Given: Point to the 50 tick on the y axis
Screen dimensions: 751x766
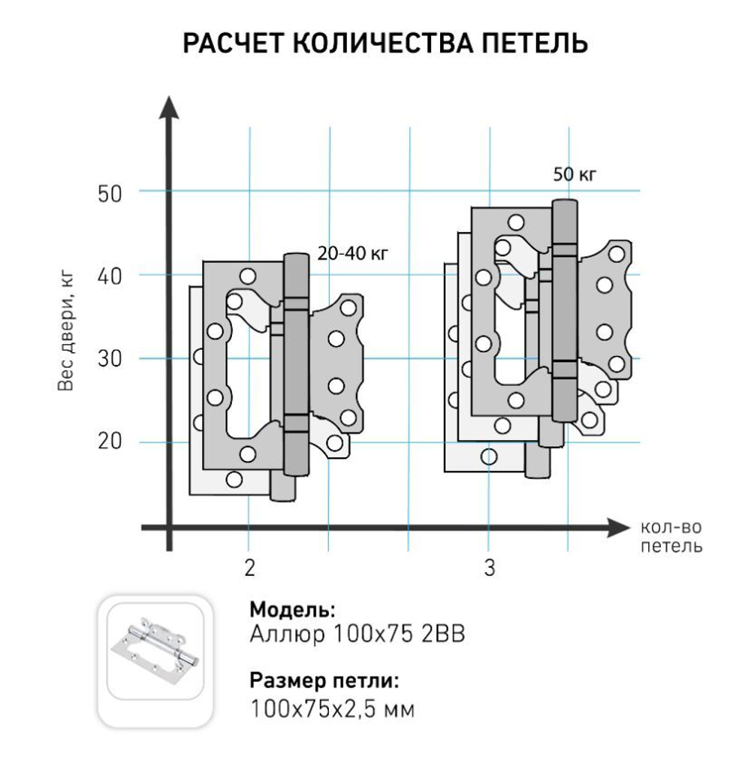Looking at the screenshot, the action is tap(109, 193).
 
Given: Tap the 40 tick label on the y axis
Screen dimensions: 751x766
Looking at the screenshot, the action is tap(109, 276).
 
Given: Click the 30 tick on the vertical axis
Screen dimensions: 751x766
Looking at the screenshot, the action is tap(109, 360).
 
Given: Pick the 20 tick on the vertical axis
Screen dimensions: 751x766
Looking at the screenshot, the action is tap(109, 442).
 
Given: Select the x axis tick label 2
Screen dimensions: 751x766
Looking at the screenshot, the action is tap(249, 568).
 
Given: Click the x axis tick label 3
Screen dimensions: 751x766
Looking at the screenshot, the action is tap(490, 568).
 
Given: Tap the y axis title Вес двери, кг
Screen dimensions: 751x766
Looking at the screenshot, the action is tap(65, 330).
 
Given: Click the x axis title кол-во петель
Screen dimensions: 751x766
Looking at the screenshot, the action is tap(671, 536).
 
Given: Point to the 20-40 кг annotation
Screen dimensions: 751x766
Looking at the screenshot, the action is tap(353, 255).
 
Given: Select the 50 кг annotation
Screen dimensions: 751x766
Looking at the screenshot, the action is tap(575, 175).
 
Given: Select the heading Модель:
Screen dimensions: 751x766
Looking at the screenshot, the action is tap(292, 608).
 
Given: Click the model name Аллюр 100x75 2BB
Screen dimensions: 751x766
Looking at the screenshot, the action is tap(357, 635).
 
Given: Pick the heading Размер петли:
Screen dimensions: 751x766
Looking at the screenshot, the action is tap(324, 682).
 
